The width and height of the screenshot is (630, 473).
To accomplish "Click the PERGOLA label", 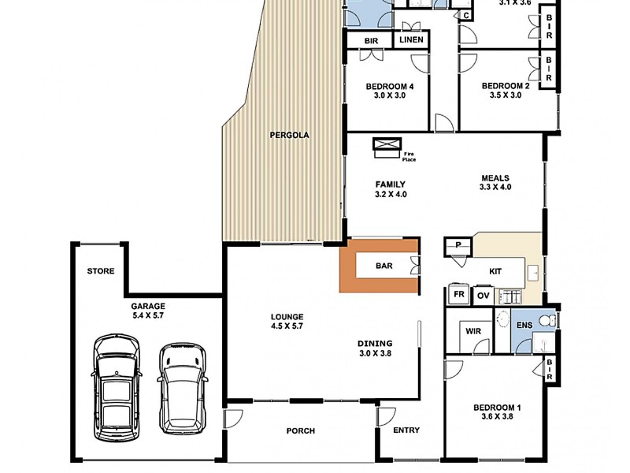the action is pyautogui.click(x=289, y=135).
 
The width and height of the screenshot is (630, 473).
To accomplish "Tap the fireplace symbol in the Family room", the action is pyautogui.click(x=387, y=147).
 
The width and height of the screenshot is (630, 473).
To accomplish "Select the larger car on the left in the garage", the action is pyautogui.click(x=117, y=387).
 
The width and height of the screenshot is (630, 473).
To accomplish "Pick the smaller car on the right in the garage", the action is pyautogui.click(x=183, y=389).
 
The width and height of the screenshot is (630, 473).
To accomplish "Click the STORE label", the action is pyautogui.click(x=101, y=271).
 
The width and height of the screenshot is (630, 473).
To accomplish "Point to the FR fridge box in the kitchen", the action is pyautogui.click(x=459, y=294).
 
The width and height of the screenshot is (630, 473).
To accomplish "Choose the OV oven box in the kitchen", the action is pyautogui.click(x=484, y=296).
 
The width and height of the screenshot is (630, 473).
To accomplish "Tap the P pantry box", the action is pyautogui.click(x=458, y=246).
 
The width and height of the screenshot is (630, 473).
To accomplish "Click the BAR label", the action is pyautogui.click(x=384, y=266).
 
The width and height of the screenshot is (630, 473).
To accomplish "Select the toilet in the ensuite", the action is pyautogui.click(x=547, y=321).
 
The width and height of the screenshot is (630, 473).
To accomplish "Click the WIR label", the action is pyautogui.click(x=473, y=331).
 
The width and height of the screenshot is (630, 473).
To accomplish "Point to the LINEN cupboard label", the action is pyautogui.click(x=411, y=40).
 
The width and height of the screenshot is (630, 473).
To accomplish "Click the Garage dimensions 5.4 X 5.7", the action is pyautogui.click(x=148, y=316).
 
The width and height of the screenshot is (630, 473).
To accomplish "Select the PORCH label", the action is pyautogui.click(x=301, y=431).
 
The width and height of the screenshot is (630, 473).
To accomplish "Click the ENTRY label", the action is pyautogui.click(x=406, y=430).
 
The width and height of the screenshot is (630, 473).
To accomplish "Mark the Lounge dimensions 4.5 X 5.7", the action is pyautogui.click(x=287, y=326).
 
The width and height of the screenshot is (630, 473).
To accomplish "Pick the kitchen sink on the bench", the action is pyautogui.click(x=534, y=273).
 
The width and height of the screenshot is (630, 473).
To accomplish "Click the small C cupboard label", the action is pyautogui.click(x=466, y=16).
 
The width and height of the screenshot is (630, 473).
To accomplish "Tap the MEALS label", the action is pyautogui.click(x=495, y=178).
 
